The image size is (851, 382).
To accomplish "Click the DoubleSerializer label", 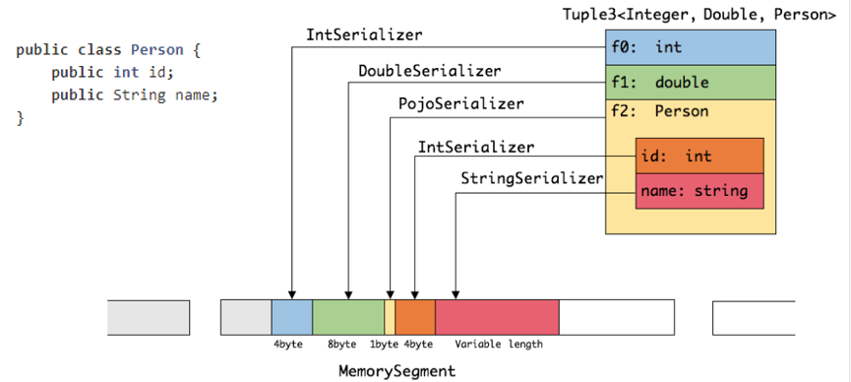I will coord(429,71).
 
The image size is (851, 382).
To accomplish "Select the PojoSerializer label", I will coord(460,102).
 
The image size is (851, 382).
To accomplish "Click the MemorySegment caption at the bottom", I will coord(397,371).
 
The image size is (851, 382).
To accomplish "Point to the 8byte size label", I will coord(343,345).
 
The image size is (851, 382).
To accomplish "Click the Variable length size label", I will coord(498,345).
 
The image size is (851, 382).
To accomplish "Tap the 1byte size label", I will coord(384,345).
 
